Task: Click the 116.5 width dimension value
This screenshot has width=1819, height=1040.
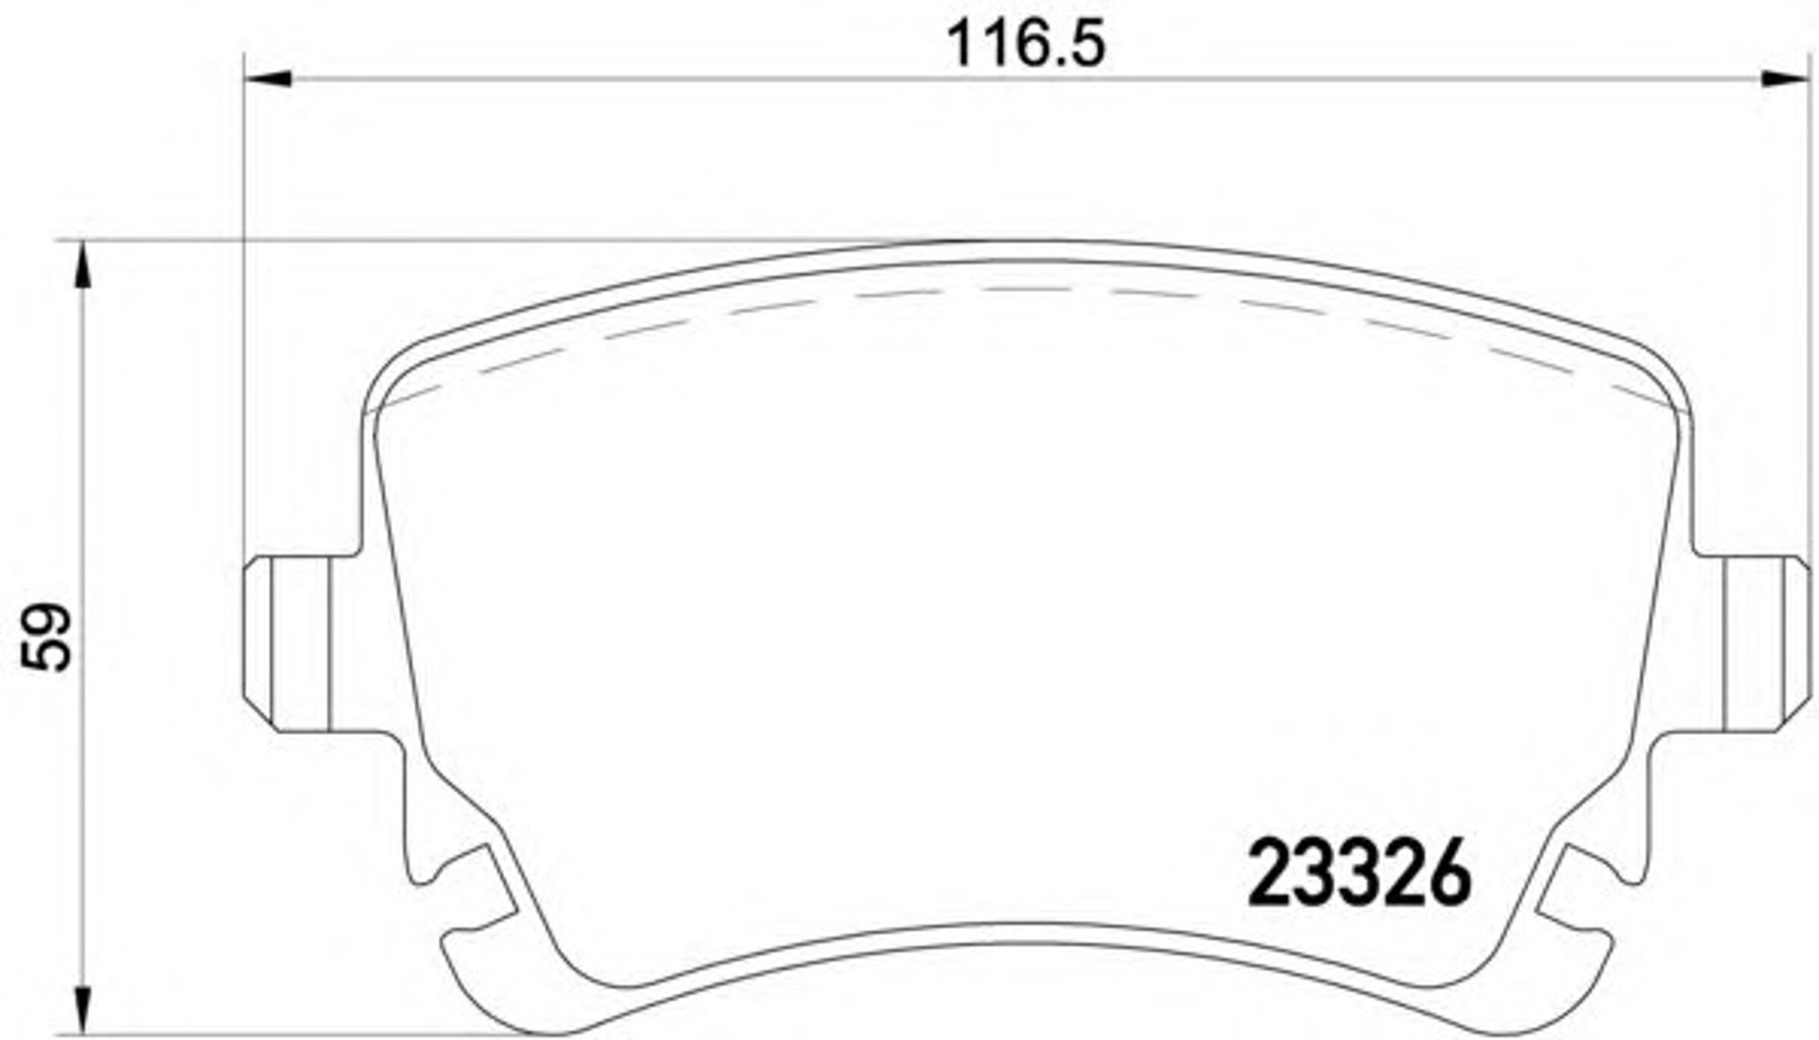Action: click(x=1027, y=43)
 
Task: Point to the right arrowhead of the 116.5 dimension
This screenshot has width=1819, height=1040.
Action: click(x=1786, y=78)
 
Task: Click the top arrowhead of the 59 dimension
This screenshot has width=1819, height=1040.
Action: click(x=82, y=265)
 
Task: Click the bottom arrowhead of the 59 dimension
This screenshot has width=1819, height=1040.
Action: click(x=82, y=1011)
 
